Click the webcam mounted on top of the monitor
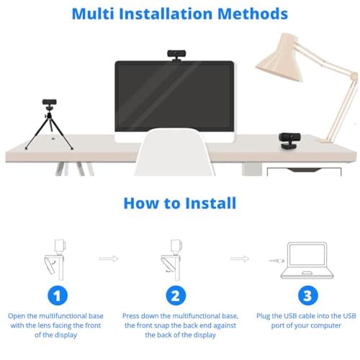tap(175, 54)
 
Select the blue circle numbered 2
tap(175, 294)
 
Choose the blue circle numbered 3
tap(307, 294)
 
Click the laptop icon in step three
tap(307, 261)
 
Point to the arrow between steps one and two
tap(109, 258)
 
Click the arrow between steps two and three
tap(239, 258)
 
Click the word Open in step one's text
tap(18, 315)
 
